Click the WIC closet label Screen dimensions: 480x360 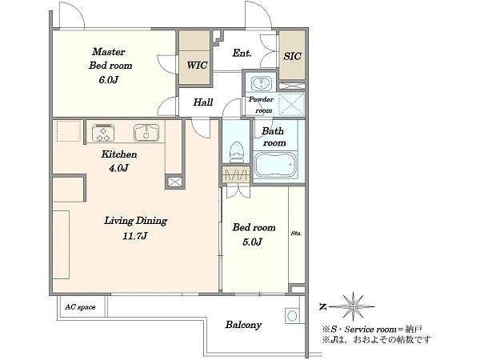click(197, 66)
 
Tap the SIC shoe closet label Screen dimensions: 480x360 click(292, 56)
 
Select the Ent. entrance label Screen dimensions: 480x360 click(242, 53)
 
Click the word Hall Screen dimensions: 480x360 click(203, 102)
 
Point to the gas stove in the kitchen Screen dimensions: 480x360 click(103, 133)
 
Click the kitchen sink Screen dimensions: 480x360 click(146, 133)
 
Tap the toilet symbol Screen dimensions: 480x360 click(237, 153)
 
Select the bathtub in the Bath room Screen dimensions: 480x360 click(275, 164)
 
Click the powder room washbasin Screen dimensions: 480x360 click(261, 82)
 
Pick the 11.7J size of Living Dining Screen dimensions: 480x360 click(134, 236)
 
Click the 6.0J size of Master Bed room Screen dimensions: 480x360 click(108, 80)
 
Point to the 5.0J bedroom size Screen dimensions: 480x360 click(252, 242)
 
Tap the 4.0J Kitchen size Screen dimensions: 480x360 click(118, 168)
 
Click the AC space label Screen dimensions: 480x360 click(80, 307)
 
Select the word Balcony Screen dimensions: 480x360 click(243, 325)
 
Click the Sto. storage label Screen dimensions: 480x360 click(296, 234)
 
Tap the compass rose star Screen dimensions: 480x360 click(354, 306)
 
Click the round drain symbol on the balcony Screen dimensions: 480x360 click(292, 315)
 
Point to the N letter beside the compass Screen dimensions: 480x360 click(322, 306)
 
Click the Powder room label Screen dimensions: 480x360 click(261, 105)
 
